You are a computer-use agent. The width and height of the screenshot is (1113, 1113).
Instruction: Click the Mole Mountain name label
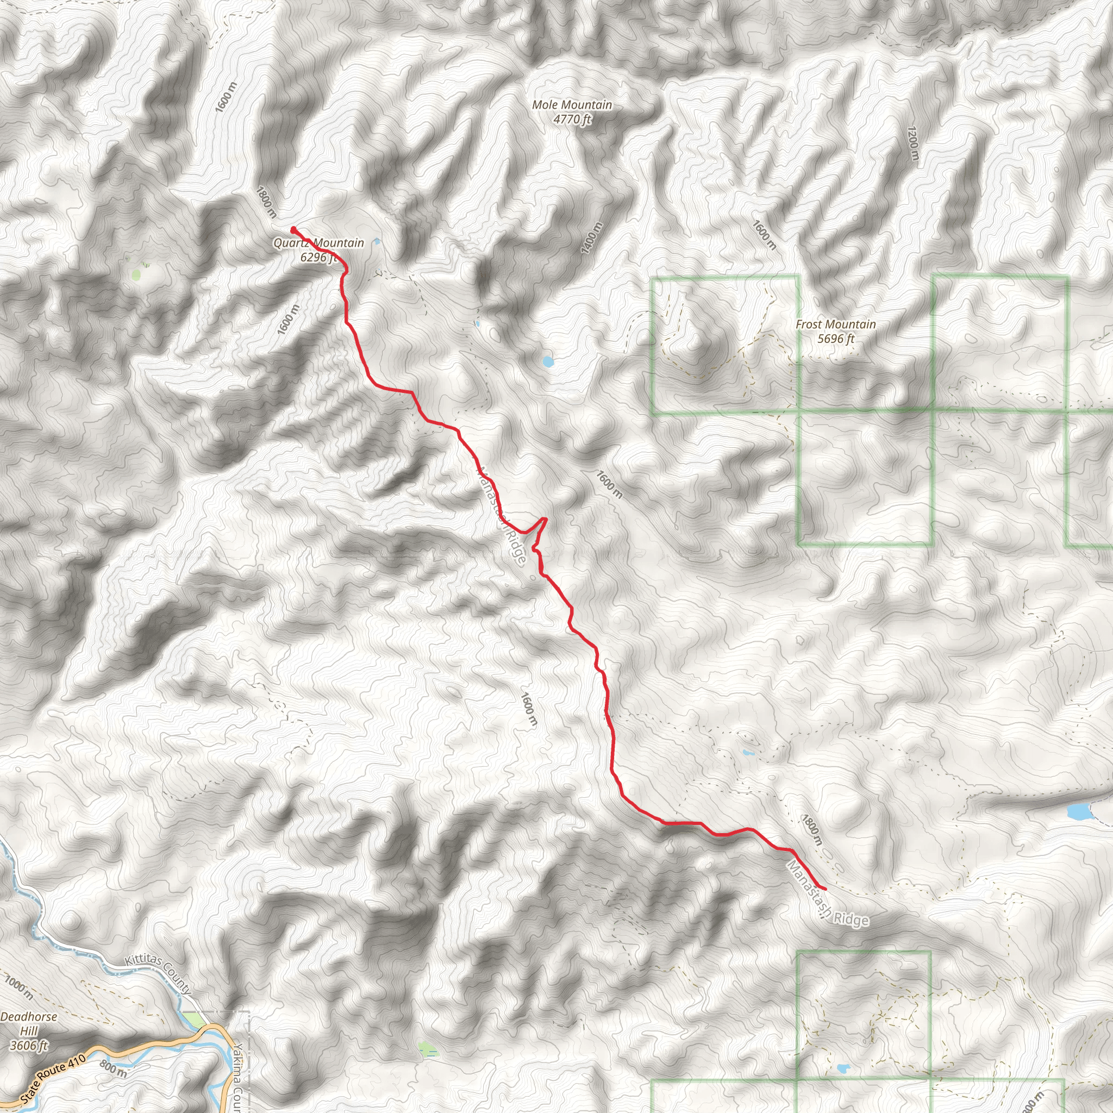pyautogui.click(x=572, y=105)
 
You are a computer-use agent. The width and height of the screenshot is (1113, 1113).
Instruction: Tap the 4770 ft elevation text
pyautogui.click(x=572, y=119)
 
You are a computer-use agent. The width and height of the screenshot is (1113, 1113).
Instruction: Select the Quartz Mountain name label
pyautogui.click(x=318, y=243)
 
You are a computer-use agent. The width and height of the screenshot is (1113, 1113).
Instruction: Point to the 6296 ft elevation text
pyautogui.click(x=318, y=257)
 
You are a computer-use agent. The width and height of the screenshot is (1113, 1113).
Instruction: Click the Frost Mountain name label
pyautogui.click(x=835, y=324)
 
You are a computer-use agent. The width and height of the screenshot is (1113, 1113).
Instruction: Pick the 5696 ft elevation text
pyautogui.click(x=835, y=339)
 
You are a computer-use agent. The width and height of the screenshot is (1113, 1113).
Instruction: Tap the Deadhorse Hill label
pyautogui.click(x=29, y=1024)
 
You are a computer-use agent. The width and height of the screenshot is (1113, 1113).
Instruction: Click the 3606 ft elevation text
pyautogui.click(x=29, y=1045)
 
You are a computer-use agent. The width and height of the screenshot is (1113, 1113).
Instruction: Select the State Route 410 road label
pyautogui.click(x=53, y=1078)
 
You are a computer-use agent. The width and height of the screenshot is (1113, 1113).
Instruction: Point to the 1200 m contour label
pyautogui.click(x=913, y=143)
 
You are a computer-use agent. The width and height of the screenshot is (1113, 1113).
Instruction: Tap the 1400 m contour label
pyautogui.click(x=592, y=237)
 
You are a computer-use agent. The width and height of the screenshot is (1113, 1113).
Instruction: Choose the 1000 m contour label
pyautogui.click(x=19, y=987)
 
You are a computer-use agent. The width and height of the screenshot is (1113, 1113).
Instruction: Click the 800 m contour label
pyautogui.click(x=114, y=1068)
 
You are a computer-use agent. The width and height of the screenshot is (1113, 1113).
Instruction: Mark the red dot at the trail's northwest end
pyautogui.click(x=294, y=230)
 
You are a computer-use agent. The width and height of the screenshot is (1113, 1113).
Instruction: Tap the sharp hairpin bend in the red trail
pyautogui.click(x=545, y=520)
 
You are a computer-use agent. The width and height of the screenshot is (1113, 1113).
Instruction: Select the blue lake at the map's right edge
pyautogui.click(x=1078, y=812)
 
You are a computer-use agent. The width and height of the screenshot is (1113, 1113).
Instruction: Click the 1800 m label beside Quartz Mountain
pyautogui.click(x=266, y=202)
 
